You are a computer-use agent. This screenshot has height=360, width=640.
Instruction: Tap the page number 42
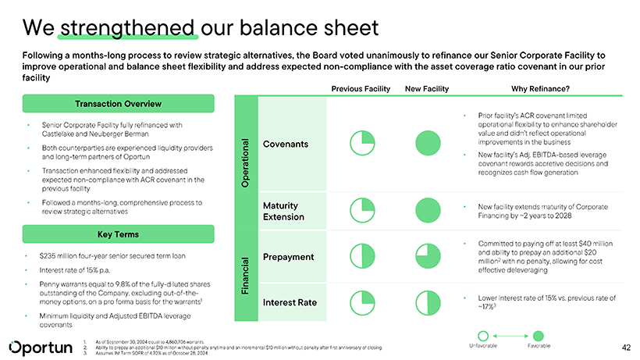pos(625,346)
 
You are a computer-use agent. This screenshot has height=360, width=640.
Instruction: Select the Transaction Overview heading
pos(119,104)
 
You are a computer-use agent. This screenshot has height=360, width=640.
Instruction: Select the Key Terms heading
pos(119,233)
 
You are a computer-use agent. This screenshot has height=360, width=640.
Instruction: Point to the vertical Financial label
pos(244,275)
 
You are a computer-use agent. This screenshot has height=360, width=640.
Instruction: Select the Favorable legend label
pos(539,345)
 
